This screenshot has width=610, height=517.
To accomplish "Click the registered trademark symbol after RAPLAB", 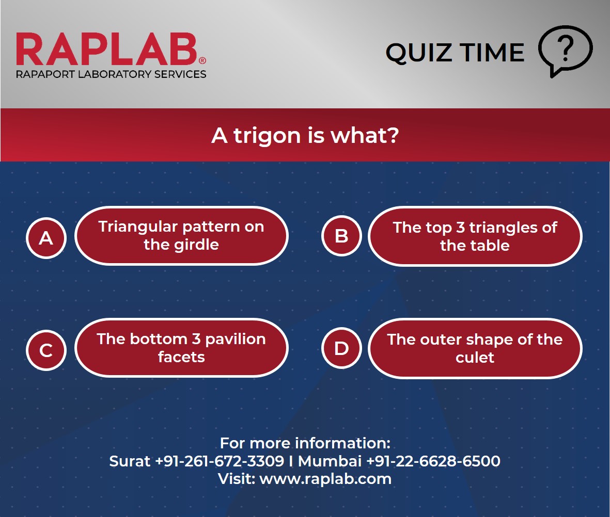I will (x=202, y=60).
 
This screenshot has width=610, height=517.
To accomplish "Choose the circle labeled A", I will (x=46, y=238).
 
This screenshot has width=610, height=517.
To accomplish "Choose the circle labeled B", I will (x=341, y=236).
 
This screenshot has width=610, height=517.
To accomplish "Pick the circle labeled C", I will (x=46, y=350).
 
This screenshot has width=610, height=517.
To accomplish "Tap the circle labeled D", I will (x=341, y=349).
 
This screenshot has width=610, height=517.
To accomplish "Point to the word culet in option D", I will (x=475, y=357).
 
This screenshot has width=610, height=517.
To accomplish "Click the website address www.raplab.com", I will (x=325, y=478).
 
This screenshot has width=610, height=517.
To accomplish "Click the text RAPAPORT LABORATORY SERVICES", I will (x=111, y=74).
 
